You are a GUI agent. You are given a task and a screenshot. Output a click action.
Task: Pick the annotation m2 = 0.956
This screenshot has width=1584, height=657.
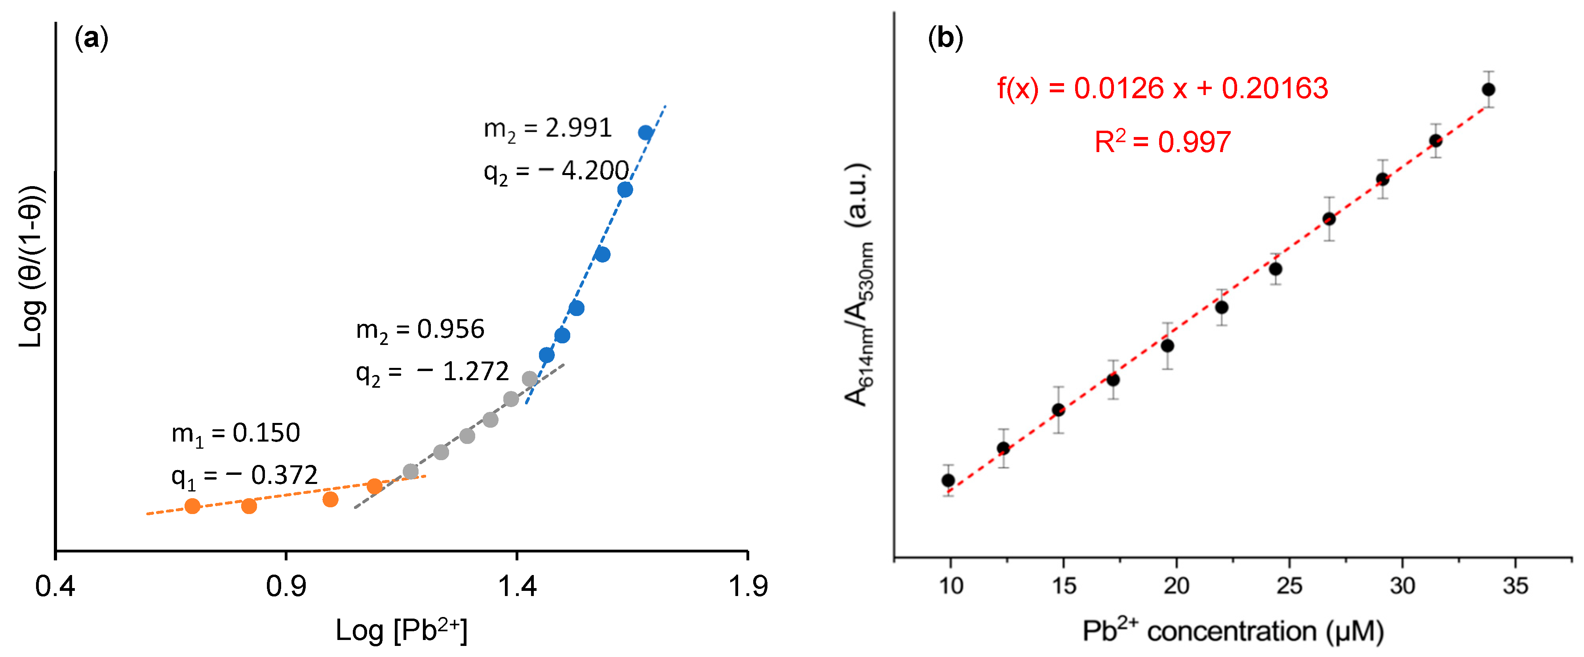pos(420,330)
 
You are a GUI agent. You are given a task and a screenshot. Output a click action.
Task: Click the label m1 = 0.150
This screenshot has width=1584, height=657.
pos(236,434)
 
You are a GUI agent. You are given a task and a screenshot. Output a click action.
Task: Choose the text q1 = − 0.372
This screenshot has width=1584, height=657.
pos(244,476)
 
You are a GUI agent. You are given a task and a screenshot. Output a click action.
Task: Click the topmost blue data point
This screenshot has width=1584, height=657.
pos(645,133)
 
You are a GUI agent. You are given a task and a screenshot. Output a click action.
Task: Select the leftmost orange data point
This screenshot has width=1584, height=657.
pos(192,506)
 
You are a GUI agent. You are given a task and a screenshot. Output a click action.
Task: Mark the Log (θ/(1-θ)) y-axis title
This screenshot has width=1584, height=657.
pos(31,266)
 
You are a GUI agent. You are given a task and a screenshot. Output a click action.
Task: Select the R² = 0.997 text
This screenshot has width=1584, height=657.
pos(1162,142)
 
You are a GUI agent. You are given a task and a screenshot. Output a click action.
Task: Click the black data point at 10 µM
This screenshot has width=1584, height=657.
pos(948,480)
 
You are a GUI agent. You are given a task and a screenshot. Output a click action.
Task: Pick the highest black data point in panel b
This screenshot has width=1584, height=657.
pos(1488,90)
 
